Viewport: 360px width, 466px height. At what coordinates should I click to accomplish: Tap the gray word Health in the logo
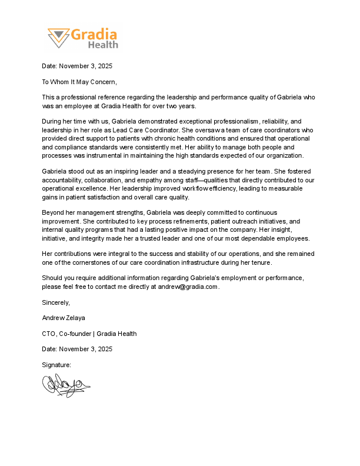coord(103,45)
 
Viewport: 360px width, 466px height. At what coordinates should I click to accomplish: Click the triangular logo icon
coord(58,38)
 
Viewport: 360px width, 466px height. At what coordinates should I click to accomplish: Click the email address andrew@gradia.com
coord(188,287)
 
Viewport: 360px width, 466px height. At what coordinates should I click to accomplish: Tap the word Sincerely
coord(56,302)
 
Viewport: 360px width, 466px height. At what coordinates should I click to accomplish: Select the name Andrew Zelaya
coord(64,318)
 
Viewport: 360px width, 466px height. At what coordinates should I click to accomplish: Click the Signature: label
coord(56,365)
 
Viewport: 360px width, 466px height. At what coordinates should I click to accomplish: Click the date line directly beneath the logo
coord(77,66)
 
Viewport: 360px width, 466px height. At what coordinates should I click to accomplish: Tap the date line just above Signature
coord(77,349)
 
